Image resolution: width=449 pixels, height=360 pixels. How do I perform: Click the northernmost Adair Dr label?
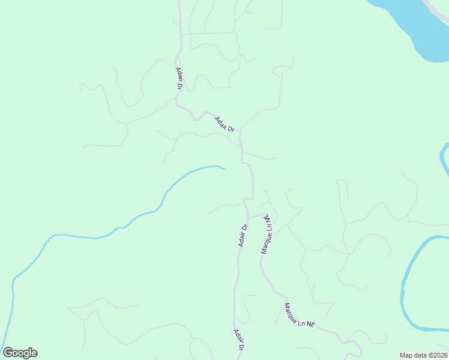(x=179, y=78)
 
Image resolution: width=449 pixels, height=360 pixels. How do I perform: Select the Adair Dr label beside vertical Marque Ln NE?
(x=243, y=235)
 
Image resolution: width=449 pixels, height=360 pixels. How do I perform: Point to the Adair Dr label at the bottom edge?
(x=239, y=340)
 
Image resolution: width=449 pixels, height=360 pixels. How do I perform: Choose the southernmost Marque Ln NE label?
(x=299, y=315)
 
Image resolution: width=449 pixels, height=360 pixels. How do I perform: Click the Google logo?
(x=20, y=353)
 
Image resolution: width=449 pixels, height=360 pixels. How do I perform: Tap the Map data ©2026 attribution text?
(x=423, y=355)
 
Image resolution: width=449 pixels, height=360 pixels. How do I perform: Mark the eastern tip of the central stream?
(x=224, y=169)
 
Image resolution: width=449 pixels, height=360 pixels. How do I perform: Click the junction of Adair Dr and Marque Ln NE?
(x=249, y=218)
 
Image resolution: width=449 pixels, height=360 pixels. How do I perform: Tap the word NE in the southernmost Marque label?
(x=310, y=323)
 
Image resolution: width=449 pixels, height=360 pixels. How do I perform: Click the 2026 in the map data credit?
(x=438, y=355)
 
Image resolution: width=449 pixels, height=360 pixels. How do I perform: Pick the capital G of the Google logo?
(x=8, y=353)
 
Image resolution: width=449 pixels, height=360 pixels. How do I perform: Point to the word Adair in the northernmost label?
(x=178, y=74)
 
